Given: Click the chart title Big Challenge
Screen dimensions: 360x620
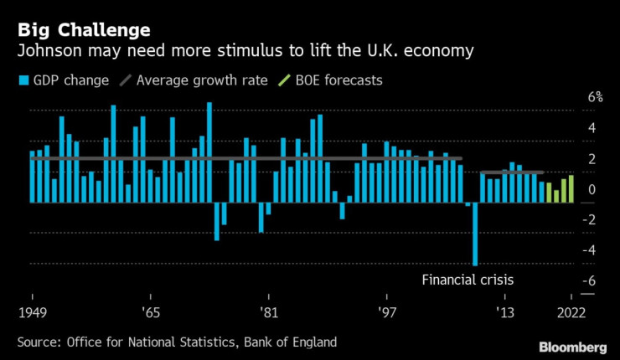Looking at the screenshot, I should [82, 31].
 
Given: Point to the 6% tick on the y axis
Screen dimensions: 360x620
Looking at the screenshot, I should [572, 97].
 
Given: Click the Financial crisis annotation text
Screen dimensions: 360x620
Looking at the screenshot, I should [468, 280].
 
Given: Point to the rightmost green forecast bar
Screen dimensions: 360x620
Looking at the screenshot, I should [571, 188].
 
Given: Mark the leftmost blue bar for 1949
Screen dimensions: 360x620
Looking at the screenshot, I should [33, 177].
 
